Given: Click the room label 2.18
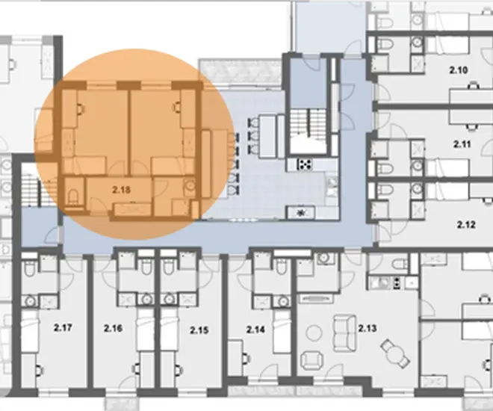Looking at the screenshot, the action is pos(121,190).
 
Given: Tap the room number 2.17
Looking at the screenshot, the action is pos(63,327).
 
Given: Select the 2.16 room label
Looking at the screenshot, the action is pos(113,329).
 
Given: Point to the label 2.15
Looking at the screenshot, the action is pos(199,330).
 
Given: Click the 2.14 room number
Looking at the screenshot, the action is pos(255,330).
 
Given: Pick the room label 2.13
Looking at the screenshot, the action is pos(368,329).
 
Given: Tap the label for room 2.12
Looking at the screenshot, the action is pos(466,225).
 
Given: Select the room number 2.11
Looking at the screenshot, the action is pos(462,144).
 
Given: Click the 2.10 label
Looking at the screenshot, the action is pos(458,69).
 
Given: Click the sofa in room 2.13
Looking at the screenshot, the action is pos(344,333).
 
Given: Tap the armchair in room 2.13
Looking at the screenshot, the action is pos(312,360).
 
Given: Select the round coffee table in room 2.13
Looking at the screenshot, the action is pos(314,333).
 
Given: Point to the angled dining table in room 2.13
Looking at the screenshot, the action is pos(395,353).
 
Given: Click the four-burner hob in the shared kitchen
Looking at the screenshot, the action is pos(305,164).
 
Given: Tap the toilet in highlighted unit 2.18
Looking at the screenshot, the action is pos(73,197).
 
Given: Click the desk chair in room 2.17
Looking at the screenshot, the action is pos(39,370).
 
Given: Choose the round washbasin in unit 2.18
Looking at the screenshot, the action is pos(190,185).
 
